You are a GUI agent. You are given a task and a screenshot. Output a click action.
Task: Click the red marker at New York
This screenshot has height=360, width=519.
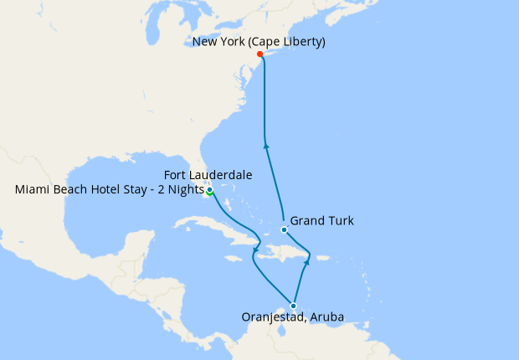pyautogui.click(x=259, y=54)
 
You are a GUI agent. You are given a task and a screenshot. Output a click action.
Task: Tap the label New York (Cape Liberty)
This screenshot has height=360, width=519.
pyautogui.click(x=259, y=41)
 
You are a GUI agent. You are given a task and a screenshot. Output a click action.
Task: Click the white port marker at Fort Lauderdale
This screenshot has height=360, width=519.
pyautogui.click(x=208, y=190)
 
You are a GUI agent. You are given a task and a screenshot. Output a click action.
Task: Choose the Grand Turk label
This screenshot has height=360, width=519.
pyautogui.click(x=321, y=221)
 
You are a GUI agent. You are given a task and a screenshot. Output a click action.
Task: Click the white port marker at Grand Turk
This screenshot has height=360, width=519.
pyautogui.click(x=285, y=229)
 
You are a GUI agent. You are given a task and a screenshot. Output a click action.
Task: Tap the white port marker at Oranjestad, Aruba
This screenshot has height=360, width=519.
pyautogui.click(x=293, y=306)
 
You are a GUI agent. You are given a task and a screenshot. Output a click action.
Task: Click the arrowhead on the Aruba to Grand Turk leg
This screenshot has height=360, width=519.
pyautogui.click(x=306, y=261)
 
